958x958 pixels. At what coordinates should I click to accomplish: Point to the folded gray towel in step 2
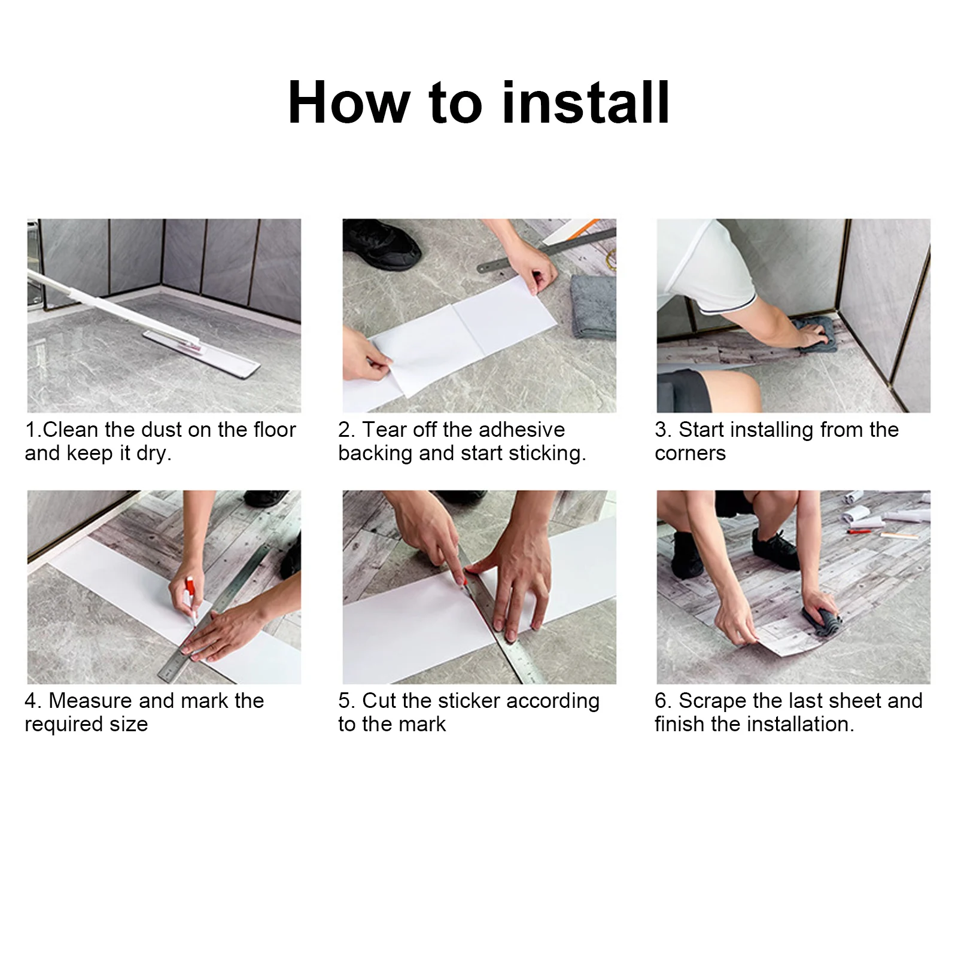point(593,306)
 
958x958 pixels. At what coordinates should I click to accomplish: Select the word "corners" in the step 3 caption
point(690,454)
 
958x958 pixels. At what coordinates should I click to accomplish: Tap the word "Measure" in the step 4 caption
point(90,701)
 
